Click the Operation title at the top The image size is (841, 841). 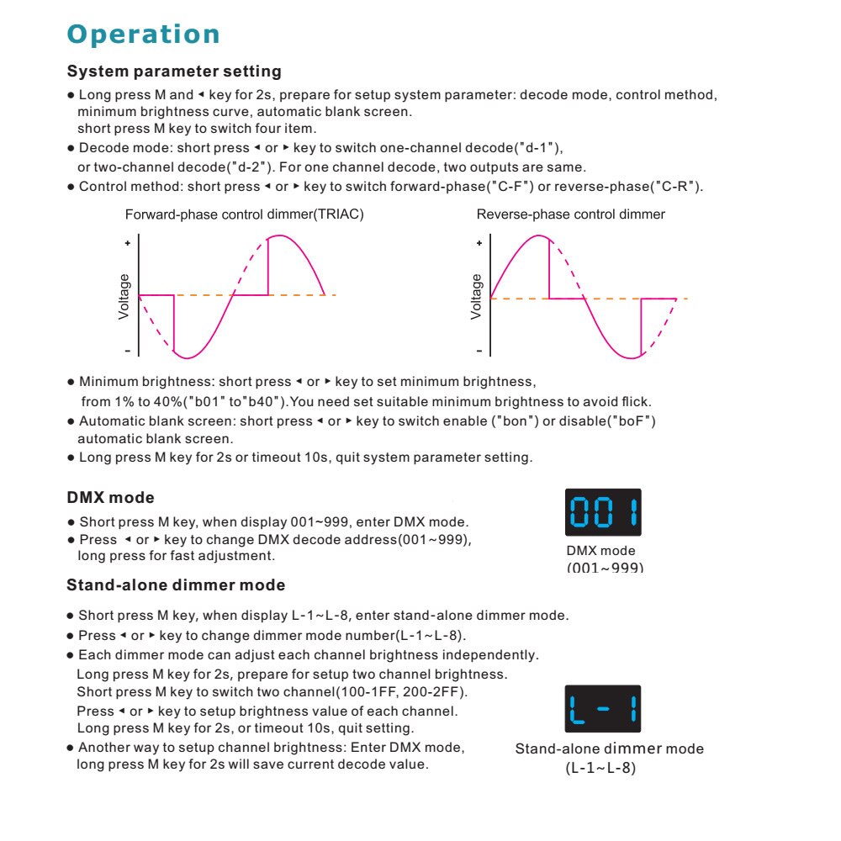144,34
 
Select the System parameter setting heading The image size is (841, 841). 174,71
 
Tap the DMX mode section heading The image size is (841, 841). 110,498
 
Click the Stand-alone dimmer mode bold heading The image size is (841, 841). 176,584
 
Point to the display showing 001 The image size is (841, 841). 603,512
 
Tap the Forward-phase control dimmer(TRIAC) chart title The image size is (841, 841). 244,214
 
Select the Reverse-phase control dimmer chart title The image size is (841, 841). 570,214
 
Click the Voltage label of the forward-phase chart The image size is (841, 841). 124,296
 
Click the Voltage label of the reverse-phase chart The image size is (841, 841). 477,296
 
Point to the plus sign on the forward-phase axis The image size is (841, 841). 128,243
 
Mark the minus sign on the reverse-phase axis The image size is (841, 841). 479,350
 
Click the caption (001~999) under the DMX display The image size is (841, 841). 605,568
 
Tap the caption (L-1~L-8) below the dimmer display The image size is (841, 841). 600,768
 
